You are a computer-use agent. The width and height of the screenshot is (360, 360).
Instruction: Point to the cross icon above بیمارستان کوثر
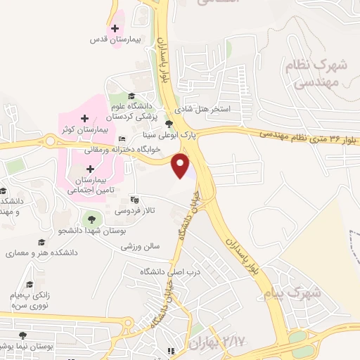[x=84, y=118]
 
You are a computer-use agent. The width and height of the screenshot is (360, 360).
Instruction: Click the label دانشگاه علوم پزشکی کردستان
[x=134, y=110]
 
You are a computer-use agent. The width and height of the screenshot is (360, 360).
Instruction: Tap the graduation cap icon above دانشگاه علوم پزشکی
[x=132, y=96]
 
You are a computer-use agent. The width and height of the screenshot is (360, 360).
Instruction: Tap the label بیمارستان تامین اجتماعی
[x=90, y=185]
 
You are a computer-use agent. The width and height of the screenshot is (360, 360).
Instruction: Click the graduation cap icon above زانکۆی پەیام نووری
[x=30, y=284]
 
